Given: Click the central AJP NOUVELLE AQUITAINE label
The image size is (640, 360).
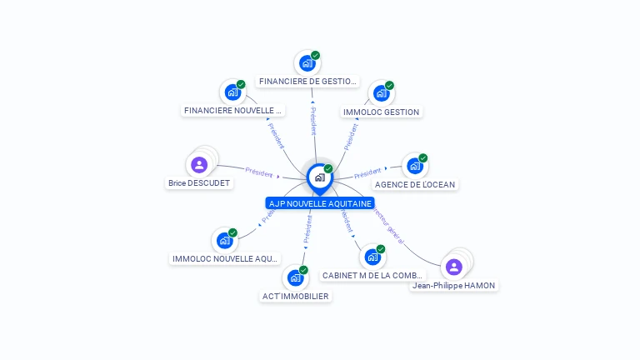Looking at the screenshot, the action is tap(320, 203).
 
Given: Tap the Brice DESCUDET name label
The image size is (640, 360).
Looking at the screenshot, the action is tap(199, 183).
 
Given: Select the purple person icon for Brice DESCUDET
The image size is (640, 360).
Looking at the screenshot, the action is tap(199, 164).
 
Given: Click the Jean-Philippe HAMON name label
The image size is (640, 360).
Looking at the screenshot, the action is tap(453, 286).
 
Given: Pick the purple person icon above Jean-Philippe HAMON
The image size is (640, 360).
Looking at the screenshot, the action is tap(453, 267).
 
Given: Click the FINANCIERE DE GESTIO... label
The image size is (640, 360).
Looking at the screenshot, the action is tap(307, 82).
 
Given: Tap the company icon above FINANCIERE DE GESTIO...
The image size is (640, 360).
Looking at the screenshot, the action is tap(307, 62).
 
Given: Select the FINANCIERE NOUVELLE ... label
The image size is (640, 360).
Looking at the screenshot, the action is tap(233, 110).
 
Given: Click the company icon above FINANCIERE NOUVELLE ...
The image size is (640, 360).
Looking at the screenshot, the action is tap(233, 92).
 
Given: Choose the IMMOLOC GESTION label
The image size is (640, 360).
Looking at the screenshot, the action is tap(382, 112).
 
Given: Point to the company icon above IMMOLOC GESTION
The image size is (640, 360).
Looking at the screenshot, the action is tap(382, 92).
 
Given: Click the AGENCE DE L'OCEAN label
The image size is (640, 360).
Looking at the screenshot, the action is tap(415, 184).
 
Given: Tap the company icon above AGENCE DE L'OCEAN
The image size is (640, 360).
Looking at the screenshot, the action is tap(415, 165).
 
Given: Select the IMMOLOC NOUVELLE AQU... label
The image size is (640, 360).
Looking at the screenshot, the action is tap(225, 259).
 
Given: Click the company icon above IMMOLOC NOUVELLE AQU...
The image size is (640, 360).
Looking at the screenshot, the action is tap(225, 240).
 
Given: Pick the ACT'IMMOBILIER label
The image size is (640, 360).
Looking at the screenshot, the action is tap(296, 296).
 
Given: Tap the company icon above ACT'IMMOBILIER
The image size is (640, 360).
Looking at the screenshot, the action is tap(296, 277).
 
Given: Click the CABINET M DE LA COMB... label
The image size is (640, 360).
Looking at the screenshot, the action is tap(372, 275).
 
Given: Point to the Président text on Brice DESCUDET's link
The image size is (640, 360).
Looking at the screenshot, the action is tap(259, 172).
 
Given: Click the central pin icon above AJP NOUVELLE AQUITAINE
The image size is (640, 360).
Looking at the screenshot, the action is tap(319, 177).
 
